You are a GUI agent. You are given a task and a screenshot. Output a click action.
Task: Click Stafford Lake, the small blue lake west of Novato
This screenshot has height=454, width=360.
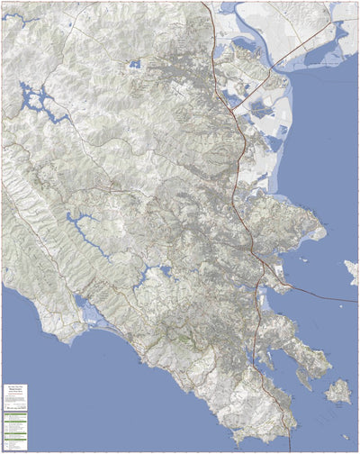(134, 65)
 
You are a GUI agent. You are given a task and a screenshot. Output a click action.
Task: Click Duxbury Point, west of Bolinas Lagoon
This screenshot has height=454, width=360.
(61, 340)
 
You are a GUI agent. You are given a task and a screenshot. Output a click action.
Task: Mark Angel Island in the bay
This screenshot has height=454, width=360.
(338, 391)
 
